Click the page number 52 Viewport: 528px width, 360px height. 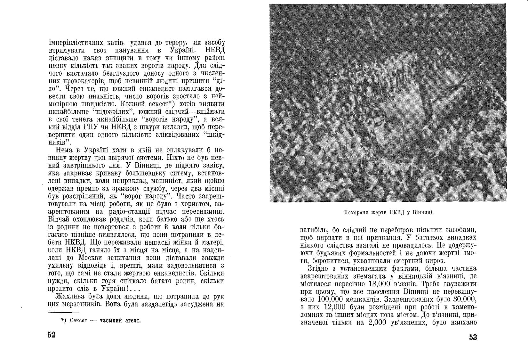(52, 335)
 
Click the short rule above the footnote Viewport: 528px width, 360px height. (64, 312)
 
